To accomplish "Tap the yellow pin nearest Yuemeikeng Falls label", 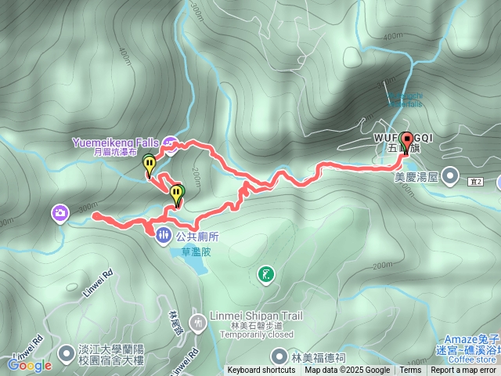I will click(149, 164).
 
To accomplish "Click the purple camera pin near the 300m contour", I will click(59, 212).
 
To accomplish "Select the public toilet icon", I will click(162, 233).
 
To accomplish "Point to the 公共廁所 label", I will click(197, 236).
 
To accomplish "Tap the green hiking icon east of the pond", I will click(267, 274).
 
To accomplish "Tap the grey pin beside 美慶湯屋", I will click(450, 176).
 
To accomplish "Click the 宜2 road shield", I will click(478, 182).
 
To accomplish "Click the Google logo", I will click(29, 365).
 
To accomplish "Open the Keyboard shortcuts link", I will click(261, 371).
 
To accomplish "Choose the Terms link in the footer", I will click(410, 371).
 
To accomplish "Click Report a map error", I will click(463, 371).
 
